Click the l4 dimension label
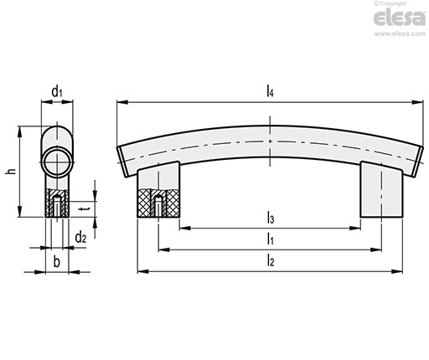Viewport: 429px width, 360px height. tap(270, 91)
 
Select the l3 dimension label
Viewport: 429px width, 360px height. tap(271, 218)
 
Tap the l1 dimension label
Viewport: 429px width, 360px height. tap(270, 239)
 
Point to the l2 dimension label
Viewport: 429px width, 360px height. tap(271, 260)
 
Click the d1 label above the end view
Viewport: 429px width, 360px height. tap(57, 91)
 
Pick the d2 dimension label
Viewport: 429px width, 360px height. tap(80, 238)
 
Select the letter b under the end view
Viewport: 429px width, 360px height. tap(57, 262)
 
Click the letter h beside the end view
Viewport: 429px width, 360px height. tap(11, 171)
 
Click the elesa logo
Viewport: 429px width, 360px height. tap(400, 18)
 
